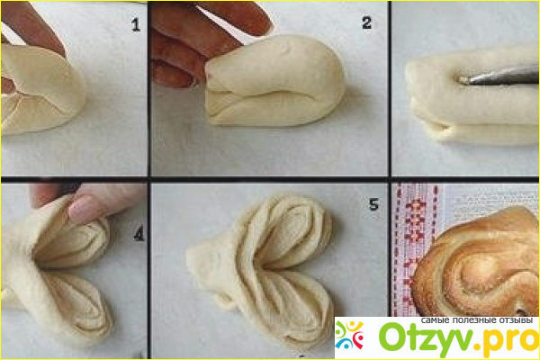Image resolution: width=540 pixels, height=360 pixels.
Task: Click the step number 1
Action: pos(136,25)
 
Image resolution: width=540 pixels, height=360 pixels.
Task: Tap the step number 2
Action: pos(367,23)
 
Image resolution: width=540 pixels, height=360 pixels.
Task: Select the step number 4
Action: pos(139,235)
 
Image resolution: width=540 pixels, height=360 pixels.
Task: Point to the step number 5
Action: pos(373,204)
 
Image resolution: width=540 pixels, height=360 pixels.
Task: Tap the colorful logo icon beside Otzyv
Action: pos(349,335)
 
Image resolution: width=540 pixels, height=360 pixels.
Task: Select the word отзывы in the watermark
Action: pos(517,320)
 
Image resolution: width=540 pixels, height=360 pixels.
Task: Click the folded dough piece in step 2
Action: pos(274,82)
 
